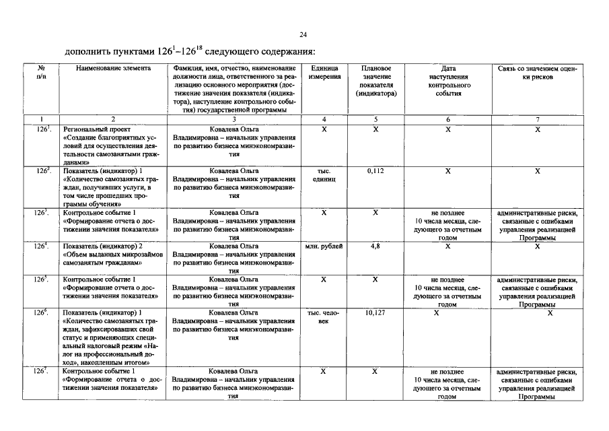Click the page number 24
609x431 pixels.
[x=303, y=35]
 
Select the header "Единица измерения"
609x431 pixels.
[x=324, y=73]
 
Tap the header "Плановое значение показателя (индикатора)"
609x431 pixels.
[x=376, y=81]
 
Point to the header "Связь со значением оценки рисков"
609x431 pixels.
[x=538, y=73]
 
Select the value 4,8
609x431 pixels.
[x=375, y=246]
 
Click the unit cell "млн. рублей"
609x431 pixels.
[x=324, y=246]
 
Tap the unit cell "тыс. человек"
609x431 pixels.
[x=324, y=317]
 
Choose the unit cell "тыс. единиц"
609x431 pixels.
[x=324, y=176]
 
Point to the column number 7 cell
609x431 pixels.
[x=538, y=119]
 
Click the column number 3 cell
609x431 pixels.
[x=234, y=119]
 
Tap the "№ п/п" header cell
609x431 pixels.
[x=42, y=73]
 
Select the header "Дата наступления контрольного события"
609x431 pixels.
[x=448, y=81]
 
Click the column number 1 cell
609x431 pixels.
[x=42, y=119]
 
